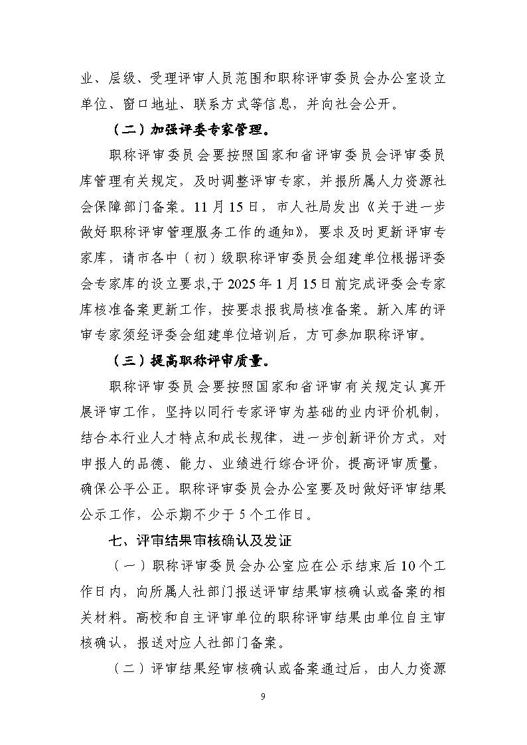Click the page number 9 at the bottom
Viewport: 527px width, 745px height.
tap(263, 696)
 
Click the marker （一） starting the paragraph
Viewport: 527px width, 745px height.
tap(125, 565)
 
